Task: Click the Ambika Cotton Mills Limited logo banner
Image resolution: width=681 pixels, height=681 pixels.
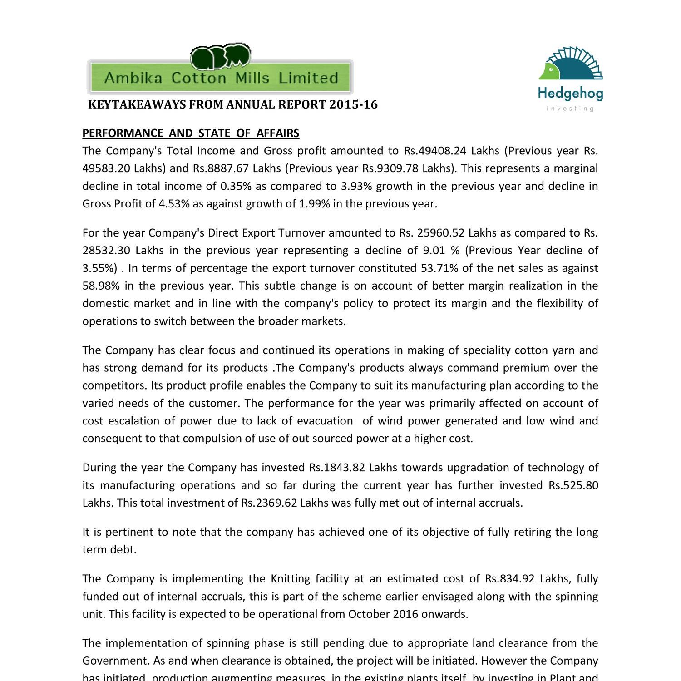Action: click(x=220, y=77)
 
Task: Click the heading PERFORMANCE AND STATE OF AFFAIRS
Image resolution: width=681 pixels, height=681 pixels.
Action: click(x=191, y=133)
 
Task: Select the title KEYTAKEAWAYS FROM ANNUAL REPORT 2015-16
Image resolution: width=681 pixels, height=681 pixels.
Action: click(x=232, y=105)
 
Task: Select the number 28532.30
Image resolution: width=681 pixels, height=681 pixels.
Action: click(x=106, y=251)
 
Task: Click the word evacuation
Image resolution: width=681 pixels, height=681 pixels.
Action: click(x=325, y=421)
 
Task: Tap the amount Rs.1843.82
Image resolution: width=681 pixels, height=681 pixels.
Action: click(x=337, y=468)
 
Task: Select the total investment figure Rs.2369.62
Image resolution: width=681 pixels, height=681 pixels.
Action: click(x=269, y=503)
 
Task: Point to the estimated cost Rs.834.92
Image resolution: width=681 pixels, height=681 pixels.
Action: click(x=510, y=579)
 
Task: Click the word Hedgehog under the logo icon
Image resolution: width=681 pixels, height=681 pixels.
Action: click(x=571, y=94)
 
